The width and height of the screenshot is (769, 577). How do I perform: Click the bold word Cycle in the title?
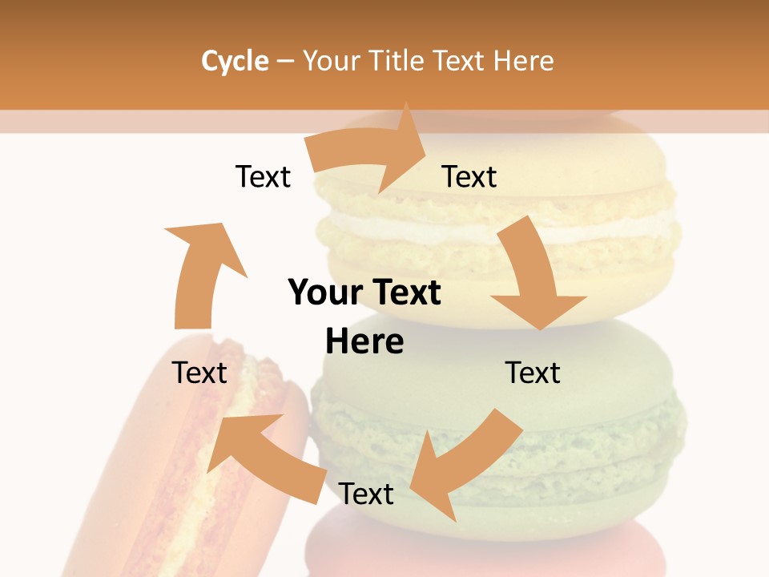coord(235,61)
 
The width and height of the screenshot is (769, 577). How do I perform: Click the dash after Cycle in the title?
coord(285,61)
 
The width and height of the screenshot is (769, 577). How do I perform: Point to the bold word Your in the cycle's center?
coord(324,293)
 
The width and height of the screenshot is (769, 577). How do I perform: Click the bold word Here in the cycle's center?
coord(364,342)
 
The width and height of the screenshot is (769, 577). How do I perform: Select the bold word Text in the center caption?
coord(404,293)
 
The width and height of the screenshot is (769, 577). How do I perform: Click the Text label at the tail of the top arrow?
coord(263,176)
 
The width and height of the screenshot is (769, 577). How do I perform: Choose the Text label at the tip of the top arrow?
coord(469,176)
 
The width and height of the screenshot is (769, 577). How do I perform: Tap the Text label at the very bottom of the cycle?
coord(366,494)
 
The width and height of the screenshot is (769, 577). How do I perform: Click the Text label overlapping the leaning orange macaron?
coord(199,373)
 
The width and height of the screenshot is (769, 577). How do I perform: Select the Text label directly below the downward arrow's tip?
coord(533,373)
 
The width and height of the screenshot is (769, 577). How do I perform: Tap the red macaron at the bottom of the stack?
coord(481,553)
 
